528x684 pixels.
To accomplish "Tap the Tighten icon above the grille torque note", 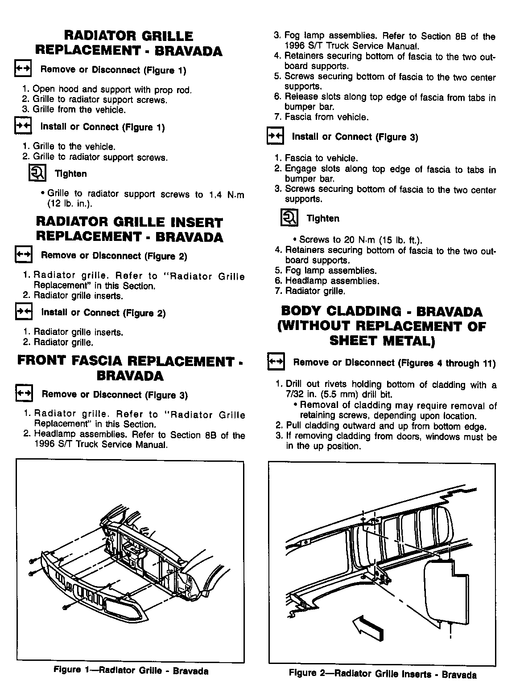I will click(x=37, y=173).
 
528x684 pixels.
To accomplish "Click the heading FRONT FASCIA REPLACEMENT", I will click(x=125, y=361).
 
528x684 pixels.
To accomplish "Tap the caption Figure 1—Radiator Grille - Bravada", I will click(x=131, y=671).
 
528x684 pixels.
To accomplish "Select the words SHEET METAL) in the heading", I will click(x=382, y=341).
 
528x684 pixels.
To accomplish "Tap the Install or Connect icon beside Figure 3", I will click(x=275, y=136).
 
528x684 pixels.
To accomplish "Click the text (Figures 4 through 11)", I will click(x=446, y=363).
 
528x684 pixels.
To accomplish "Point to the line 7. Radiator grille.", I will click(x=315, y=291).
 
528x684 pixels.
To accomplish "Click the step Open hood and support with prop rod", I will click(x=112, y=90).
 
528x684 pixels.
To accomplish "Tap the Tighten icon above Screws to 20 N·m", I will click(x=289, y=218).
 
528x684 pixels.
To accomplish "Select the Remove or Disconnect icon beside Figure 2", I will click(x=23, y=255).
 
